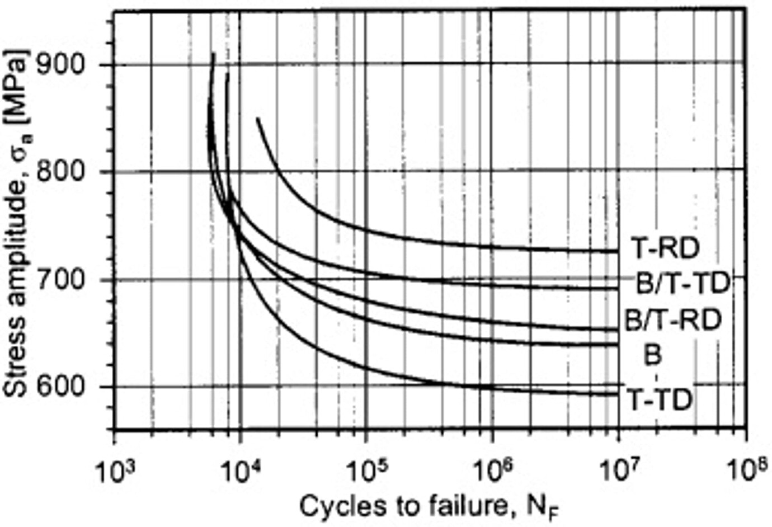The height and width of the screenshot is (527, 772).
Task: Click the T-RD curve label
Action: click(665, 248)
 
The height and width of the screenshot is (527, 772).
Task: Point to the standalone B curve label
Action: click(653, 355)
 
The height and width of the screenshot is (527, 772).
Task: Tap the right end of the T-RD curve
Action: click(617, 251)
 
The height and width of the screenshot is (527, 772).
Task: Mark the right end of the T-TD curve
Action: click(617, 394)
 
